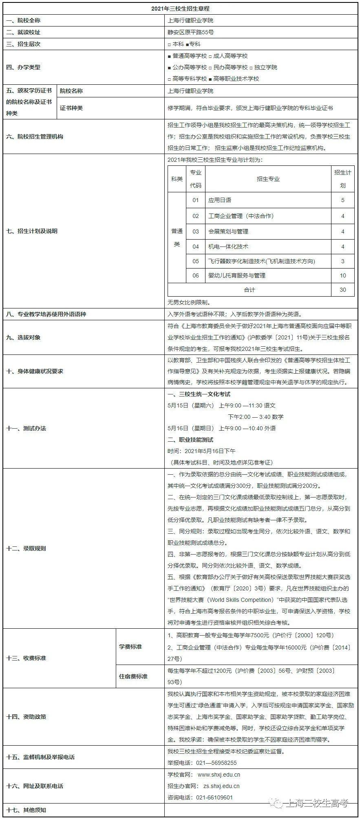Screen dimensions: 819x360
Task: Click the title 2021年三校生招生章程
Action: pyautogui.click(x=180, y=9)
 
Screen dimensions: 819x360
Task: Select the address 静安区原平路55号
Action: pyautogui.click(x=190, y=32)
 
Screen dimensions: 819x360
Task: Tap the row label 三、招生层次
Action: pyautogui.click(x=23, y=44)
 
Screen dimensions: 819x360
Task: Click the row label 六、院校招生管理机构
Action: pyautogui.click(x=35, y=136)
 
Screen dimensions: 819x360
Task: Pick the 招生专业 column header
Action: pyautogui.click(x=268, y=179)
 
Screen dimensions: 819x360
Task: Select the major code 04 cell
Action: pyautogui.click(x=196, y=247)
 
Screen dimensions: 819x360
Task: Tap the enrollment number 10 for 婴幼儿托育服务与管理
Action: pyautogui.click(x=342, y=275)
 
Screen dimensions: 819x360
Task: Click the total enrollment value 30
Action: pyautogui.click(x=342, y=290)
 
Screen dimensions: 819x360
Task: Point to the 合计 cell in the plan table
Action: pyautogui.click(x=249, y=290)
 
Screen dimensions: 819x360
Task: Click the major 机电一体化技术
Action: pyautogui.click(x=228, y=247)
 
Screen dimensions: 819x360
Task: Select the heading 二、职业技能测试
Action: pyautogui.click(x=190, y=440)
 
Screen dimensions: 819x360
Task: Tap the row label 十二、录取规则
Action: pyautogui.click(x=26, y=548)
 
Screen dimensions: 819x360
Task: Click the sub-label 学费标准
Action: pyautogui.click(x=130, y=647)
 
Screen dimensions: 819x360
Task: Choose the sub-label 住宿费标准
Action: pyautogui.click(x=133, y=676)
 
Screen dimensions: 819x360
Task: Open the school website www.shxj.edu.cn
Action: pyautogui.click(x=219, y=775)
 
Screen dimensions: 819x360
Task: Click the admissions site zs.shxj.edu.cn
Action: pyautogui.click(x=221, y=786)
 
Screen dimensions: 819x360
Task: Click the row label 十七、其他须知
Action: pyautogui.click(x=26, y=810)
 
